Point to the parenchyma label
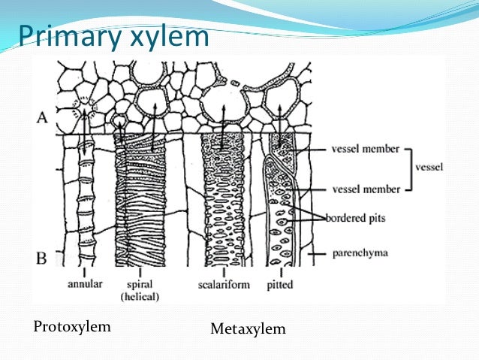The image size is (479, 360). coord(359,253)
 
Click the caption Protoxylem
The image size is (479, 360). coord(73,326)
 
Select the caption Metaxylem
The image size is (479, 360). coord(248,329)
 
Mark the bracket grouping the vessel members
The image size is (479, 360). coord(409,168)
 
